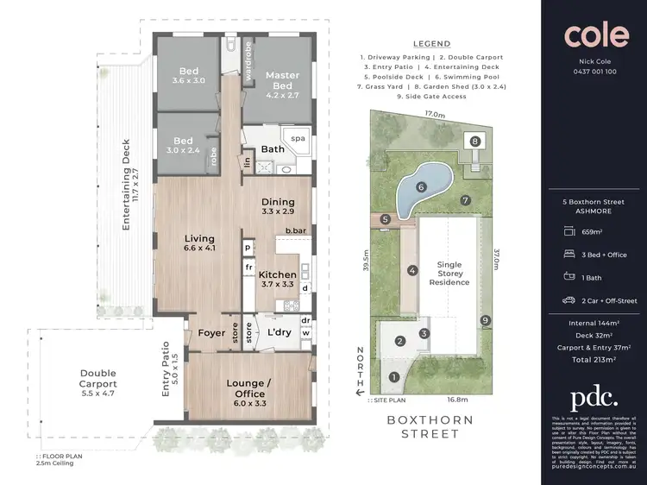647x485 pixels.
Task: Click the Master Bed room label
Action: tap(282, 80)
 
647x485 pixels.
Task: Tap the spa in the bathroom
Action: tap(298, 138)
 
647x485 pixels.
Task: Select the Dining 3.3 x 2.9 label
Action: tap(278, 205)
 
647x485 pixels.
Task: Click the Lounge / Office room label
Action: tap(249, 388)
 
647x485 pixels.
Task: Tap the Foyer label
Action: tap(211, 332)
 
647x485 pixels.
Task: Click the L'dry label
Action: tap(278, 332)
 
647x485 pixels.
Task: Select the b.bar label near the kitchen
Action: tap(295, 230)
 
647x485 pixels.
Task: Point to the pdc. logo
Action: tap(594, 397)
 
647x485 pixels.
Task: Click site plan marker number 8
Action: tap(474, 141)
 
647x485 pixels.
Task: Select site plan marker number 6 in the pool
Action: tap(422, 186)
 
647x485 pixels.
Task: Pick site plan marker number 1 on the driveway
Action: tap(394, 376)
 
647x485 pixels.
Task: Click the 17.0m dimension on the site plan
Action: tap(434, 114)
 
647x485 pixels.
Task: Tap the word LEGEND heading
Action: tap(432, 43)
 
